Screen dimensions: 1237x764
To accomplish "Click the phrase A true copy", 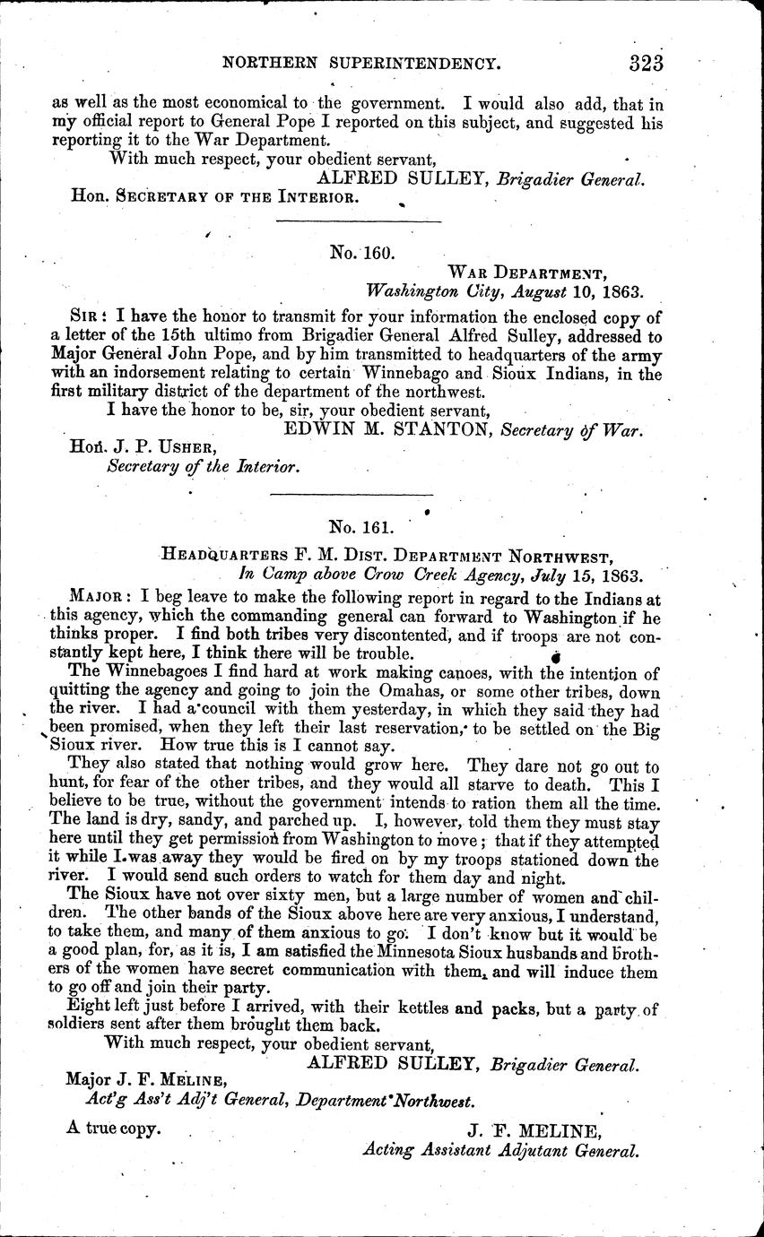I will (113, 1129).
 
